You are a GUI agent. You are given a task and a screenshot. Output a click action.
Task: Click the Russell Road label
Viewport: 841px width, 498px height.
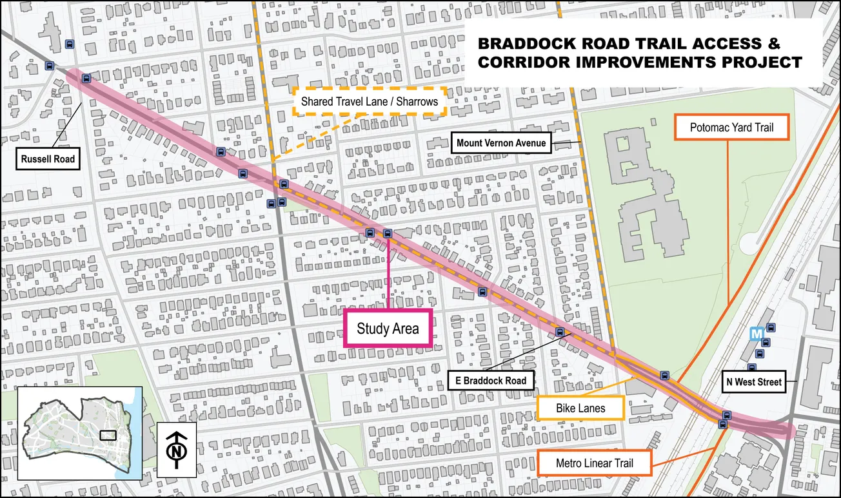click(48, 159)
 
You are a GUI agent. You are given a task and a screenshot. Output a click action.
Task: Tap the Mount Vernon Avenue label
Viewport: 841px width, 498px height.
click(501, 143)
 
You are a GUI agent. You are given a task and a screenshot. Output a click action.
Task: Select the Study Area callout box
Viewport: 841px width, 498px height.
click(388, 329)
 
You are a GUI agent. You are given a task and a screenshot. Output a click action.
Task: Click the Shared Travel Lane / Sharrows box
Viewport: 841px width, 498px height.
click(370, 102)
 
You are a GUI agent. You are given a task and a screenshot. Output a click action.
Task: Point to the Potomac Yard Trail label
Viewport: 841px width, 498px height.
click(731, 128)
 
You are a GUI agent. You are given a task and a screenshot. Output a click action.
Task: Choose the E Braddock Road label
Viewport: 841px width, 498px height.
click(491, 380)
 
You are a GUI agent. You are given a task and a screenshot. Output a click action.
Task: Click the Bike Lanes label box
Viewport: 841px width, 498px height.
click(580, 408)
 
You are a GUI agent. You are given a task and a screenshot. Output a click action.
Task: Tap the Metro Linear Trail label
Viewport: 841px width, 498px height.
click(594, 463)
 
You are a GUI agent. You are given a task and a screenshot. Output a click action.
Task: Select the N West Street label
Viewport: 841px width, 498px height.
click(753, 382)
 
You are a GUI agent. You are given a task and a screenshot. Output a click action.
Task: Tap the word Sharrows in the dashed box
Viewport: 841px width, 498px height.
click(413, 102)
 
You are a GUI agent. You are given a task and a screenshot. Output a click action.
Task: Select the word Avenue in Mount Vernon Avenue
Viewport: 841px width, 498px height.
click(529, 143)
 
